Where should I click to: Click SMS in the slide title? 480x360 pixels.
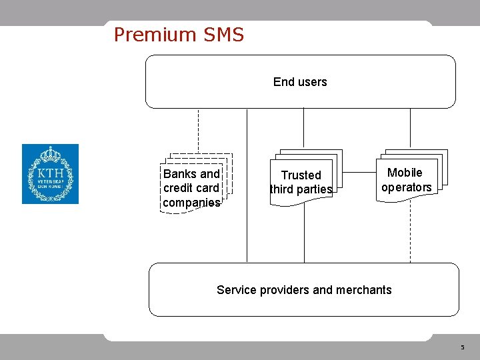point(221,35)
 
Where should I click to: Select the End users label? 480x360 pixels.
point(300,82)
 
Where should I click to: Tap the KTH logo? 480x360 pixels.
point(50,174)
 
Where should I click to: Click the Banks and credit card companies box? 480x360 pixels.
point(192,187)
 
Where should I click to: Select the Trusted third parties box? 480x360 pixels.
point(301,182)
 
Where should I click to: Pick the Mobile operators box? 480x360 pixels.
point(406,180)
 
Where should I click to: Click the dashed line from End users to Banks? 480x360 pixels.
point(198,130)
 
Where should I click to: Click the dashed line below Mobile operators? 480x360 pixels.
point(410,230)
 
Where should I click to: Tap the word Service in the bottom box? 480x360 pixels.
point(236,290)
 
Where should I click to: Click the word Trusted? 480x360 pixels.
point(301,175)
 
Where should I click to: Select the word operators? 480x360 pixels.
point(406,187)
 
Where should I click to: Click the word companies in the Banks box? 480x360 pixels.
point(191,202)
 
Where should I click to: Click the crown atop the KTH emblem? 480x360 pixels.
point(50,154)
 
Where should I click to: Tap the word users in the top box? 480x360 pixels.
point(313,82)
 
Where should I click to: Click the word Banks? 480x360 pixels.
point(180,173)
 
